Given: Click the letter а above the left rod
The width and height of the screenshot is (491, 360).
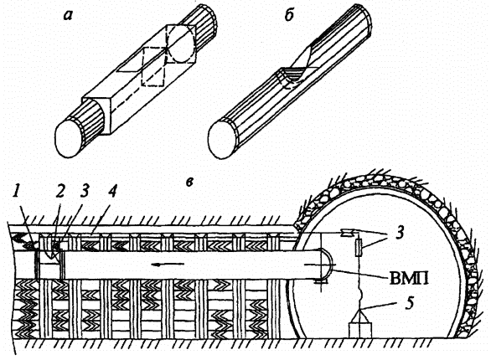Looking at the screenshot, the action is (68, 15).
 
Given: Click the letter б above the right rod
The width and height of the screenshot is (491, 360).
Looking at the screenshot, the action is (289, 13).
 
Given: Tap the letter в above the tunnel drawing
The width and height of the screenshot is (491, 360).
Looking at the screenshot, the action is (189, 182).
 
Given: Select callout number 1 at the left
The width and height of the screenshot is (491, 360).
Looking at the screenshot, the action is (16, 192).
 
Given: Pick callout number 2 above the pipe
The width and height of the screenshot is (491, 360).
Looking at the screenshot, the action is (59, 191).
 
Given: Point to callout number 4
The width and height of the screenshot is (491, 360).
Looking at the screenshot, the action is (111, 191).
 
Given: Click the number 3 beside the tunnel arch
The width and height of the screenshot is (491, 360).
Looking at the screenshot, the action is (399, 233).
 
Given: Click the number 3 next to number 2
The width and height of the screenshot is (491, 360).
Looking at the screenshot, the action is (84, 191).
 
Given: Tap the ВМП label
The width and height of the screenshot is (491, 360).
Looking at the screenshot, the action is (409, 278).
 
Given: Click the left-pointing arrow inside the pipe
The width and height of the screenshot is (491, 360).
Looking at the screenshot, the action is (168, 265).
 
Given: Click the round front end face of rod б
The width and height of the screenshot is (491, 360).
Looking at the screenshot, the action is (223, 140).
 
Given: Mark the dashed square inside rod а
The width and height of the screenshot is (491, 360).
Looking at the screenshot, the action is (153, 67).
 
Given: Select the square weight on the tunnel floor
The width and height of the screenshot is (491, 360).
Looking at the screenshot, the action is (360, 331).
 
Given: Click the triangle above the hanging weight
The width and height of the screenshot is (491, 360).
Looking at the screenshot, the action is (360, 315).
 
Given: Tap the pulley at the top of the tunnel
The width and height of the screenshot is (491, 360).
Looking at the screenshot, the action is (348, 233).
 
